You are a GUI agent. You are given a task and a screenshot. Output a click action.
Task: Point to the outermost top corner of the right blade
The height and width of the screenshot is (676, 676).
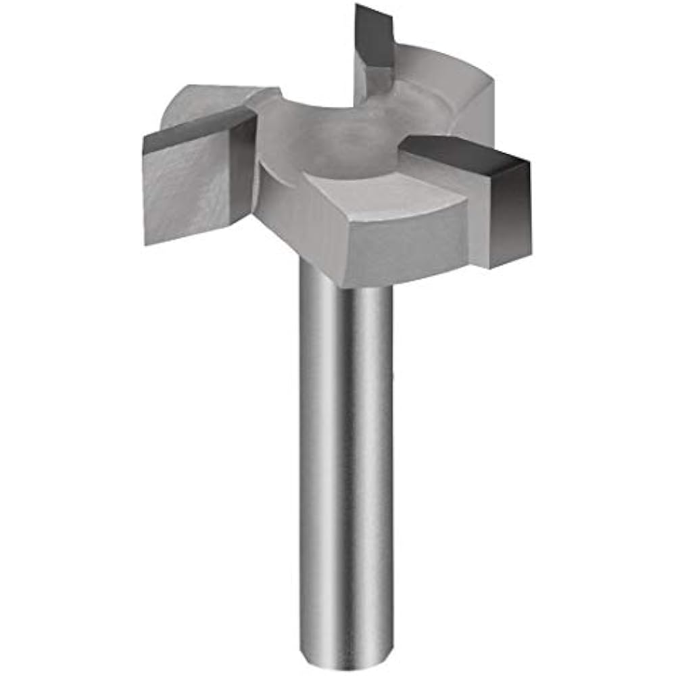coord(529,162)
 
